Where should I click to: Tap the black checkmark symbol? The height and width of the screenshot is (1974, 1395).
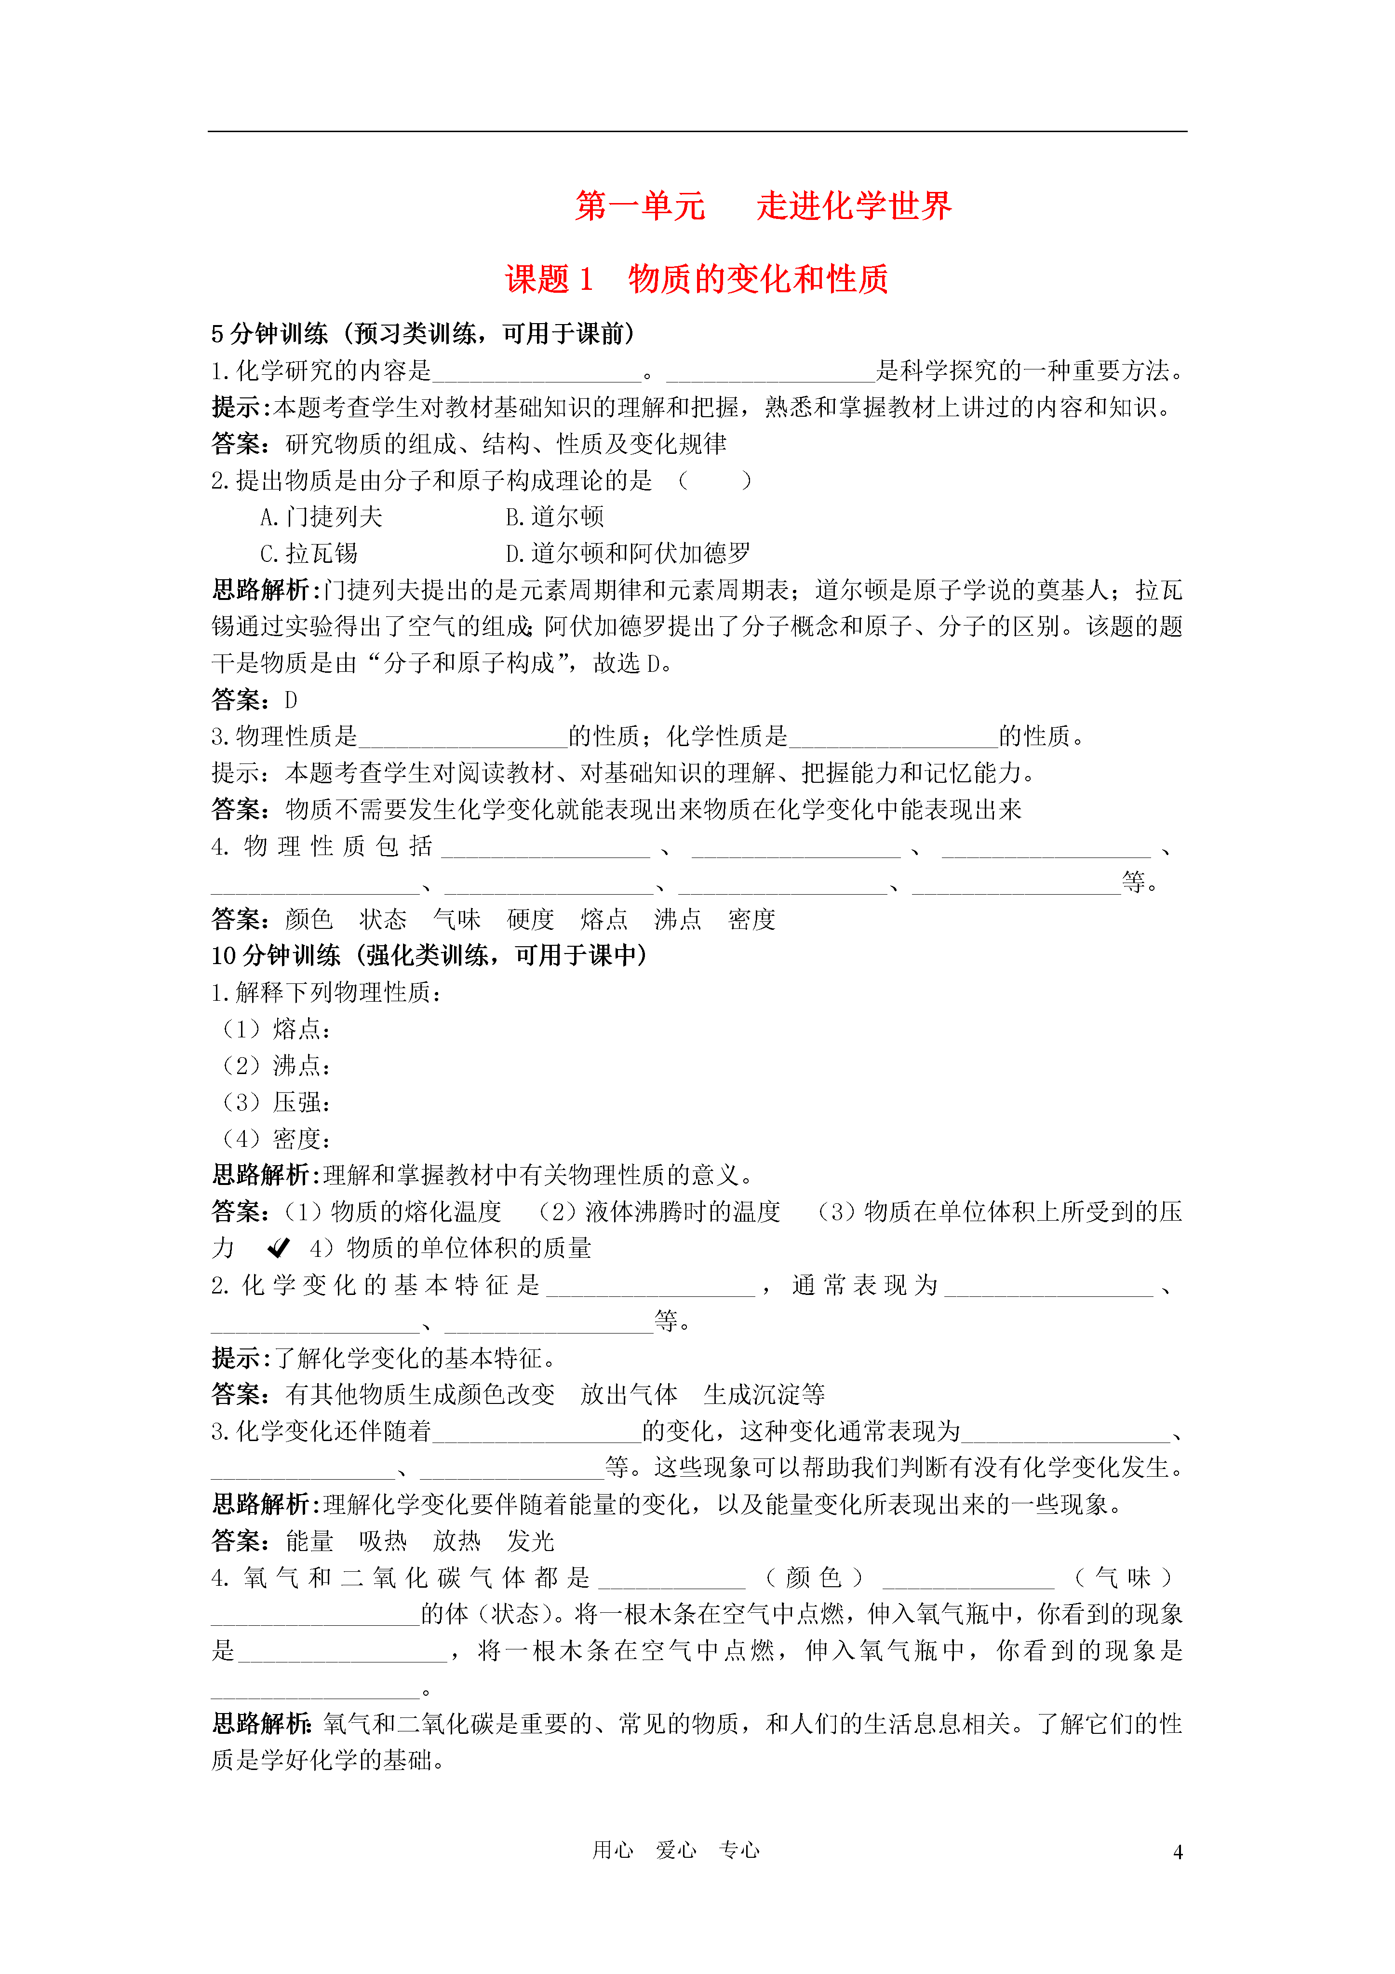(x=279, y=1248)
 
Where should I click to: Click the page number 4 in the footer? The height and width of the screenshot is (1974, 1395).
(x=1178, y=1853)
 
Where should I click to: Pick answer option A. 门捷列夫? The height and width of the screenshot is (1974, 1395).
(x=322, y=517)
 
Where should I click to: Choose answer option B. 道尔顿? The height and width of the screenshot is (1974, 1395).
(x=555, y=517)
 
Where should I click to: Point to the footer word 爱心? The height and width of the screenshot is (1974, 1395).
(x=676, y=1850)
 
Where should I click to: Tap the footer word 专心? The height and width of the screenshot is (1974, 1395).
(x=739, y=1850)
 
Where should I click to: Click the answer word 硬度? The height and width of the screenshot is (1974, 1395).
(x=530, y=920)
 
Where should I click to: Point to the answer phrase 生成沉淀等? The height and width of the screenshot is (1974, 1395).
(x=764, y=1394)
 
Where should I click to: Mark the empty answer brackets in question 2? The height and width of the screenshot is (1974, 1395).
(x=714, y=481)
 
